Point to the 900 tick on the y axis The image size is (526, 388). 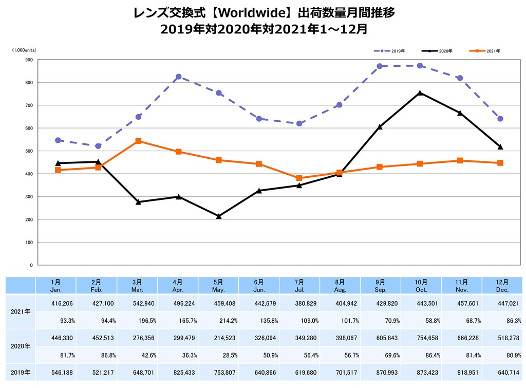point(29,60)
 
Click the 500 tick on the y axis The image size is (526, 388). point(29,151)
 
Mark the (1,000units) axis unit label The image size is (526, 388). point(24,50)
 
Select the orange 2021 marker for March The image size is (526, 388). point(139,141)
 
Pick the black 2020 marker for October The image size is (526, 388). point(420,93)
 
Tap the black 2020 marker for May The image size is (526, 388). point(219,216)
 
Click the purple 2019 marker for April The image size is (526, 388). point(179,77)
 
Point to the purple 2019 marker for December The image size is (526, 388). point(500,119)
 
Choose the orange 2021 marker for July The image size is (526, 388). point(299,178)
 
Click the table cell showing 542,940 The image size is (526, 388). point(138,304)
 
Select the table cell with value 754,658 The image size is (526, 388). point(421,337)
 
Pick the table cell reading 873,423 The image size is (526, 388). point(421,372)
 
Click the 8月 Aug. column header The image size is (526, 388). point(340,286)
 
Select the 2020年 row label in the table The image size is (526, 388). point(21,346)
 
